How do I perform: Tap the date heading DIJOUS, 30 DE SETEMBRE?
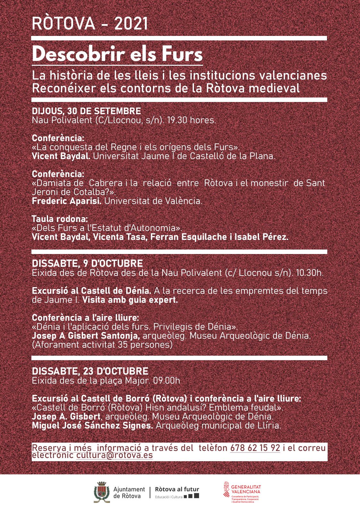pos(86,111)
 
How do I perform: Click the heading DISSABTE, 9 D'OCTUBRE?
pos(87,264)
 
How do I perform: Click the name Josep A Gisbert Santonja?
pos(86,336)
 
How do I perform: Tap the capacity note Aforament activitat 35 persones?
pos(102,345)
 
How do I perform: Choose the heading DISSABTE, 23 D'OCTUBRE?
pos(90,371)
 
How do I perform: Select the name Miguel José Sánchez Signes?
pos(92,426)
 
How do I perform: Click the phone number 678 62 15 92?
pos(255,448)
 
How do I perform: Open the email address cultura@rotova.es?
pos(114,455)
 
